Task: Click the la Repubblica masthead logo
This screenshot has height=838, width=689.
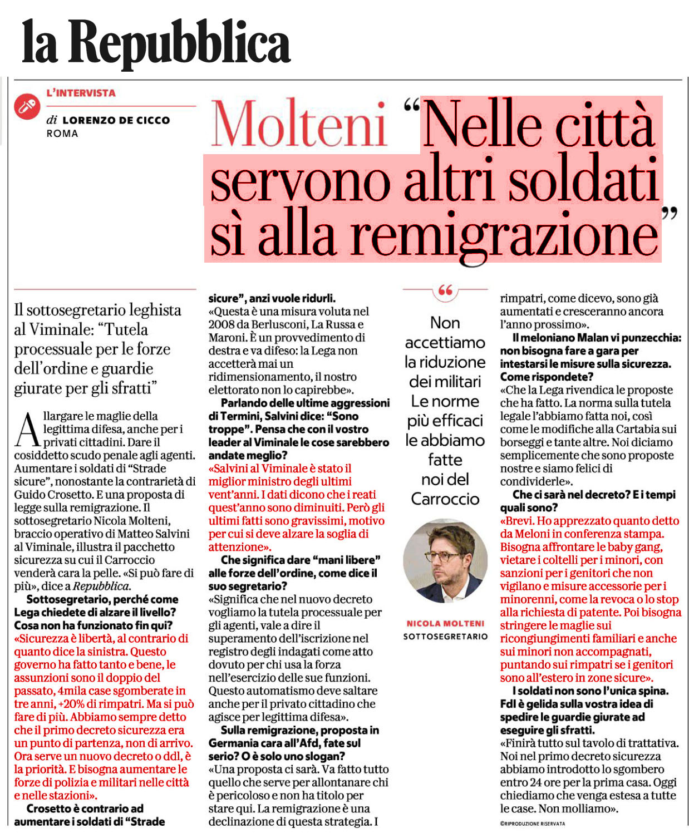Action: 156,42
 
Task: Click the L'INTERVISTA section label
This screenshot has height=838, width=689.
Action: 81,93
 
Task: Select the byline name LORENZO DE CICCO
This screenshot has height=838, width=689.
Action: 116,120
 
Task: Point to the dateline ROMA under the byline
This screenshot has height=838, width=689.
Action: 62,134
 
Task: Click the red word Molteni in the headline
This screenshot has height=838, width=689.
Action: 299,125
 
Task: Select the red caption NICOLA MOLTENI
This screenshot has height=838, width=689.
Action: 445,624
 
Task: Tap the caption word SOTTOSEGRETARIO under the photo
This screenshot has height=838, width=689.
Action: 445,636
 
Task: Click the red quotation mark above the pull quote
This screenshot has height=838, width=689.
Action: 445,290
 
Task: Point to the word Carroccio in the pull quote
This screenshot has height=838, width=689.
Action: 445,499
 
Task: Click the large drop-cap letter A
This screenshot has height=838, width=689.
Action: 28,430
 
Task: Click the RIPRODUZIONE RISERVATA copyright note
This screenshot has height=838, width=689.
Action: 533,824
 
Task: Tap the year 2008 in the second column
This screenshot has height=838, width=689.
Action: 222,324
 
